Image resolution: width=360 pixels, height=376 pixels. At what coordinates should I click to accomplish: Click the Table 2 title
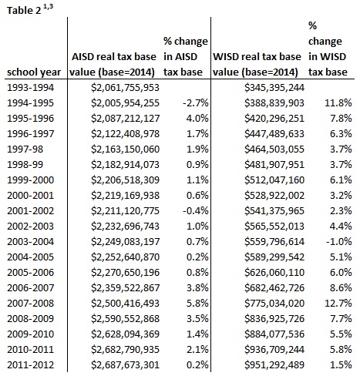30,9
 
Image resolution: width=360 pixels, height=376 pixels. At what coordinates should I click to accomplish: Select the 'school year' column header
34,72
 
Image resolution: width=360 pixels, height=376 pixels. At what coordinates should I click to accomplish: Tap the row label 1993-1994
30,88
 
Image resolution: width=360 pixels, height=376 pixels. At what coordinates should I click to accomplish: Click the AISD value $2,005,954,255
125,103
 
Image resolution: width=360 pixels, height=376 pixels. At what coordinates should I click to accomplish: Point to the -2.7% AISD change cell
195,103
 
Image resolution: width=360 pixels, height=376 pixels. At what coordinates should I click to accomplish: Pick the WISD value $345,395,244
274,88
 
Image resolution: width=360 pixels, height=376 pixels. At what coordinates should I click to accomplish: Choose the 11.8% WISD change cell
338,103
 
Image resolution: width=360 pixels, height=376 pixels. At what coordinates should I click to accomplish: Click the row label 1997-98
25,149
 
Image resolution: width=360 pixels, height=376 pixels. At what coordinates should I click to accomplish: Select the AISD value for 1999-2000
125,180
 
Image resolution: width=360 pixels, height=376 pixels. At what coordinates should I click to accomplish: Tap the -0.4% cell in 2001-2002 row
195,211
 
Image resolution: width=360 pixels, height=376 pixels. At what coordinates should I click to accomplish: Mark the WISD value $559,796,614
274,242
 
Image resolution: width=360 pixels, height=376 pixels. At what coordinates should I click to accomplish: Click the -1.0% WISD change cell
338,242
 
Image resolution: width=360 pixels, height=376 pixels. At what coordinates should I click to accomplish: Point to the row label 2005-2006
30,273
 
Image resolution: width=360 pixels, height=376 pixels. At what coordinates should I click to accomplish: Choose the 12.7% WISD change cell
338,304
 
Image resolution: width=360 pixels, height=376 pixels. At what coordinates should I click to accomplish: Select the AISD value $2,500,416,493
125,304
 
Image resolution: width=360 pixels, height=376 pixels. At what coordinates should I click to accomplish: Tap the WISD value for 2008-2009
274,319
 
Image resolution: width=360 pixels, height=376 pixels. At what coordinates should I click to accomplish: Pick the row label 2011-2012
30,365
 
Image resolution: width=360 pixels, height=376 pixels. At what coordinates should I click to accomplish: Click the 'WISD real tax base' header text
257,57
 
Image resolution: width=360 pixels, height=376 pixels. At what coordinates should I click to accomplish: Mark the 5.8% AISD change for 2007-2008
197,304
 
